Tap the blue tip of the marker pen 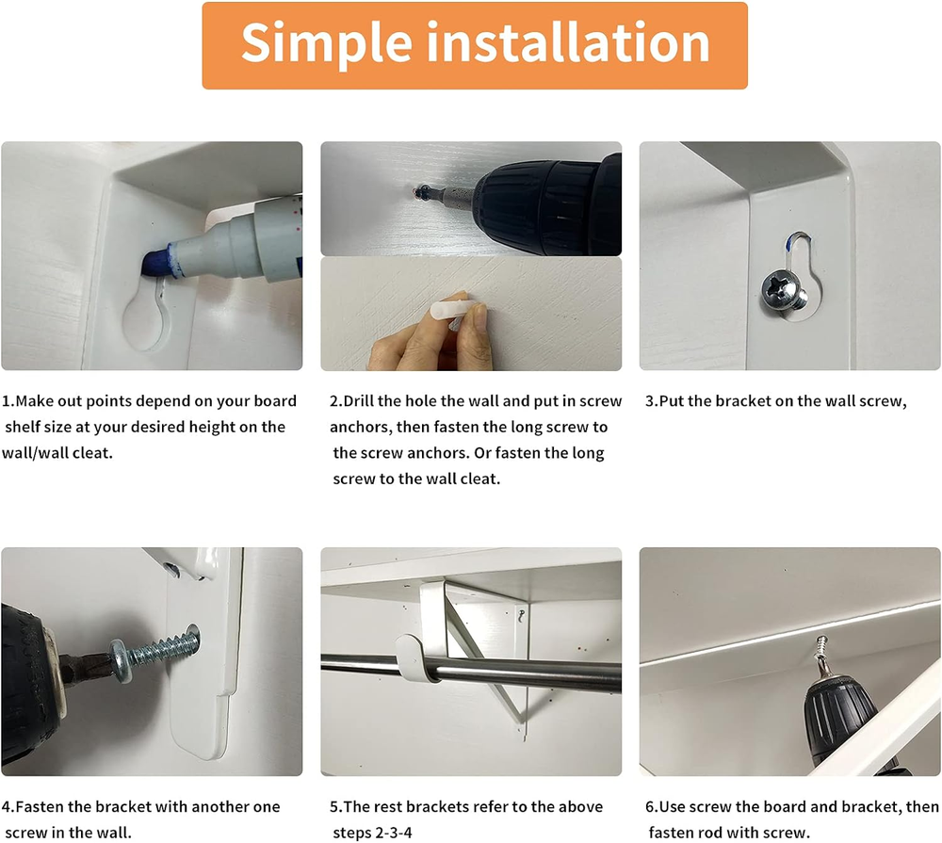coord(155,264)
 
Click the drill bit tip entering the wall coord(421,193)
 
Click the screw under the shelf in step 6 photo coord(821,652)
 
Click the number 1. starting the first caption coord(8,400)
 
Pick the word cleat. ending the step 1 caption coord(92,452)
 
